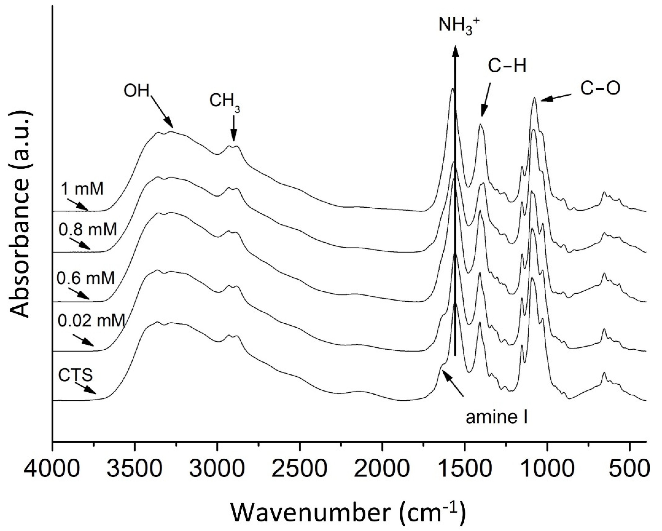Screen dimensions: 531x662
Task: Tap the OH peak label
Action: pos(136,91)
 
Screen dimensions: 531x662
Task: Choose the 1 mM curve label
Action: pos(82,189)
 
